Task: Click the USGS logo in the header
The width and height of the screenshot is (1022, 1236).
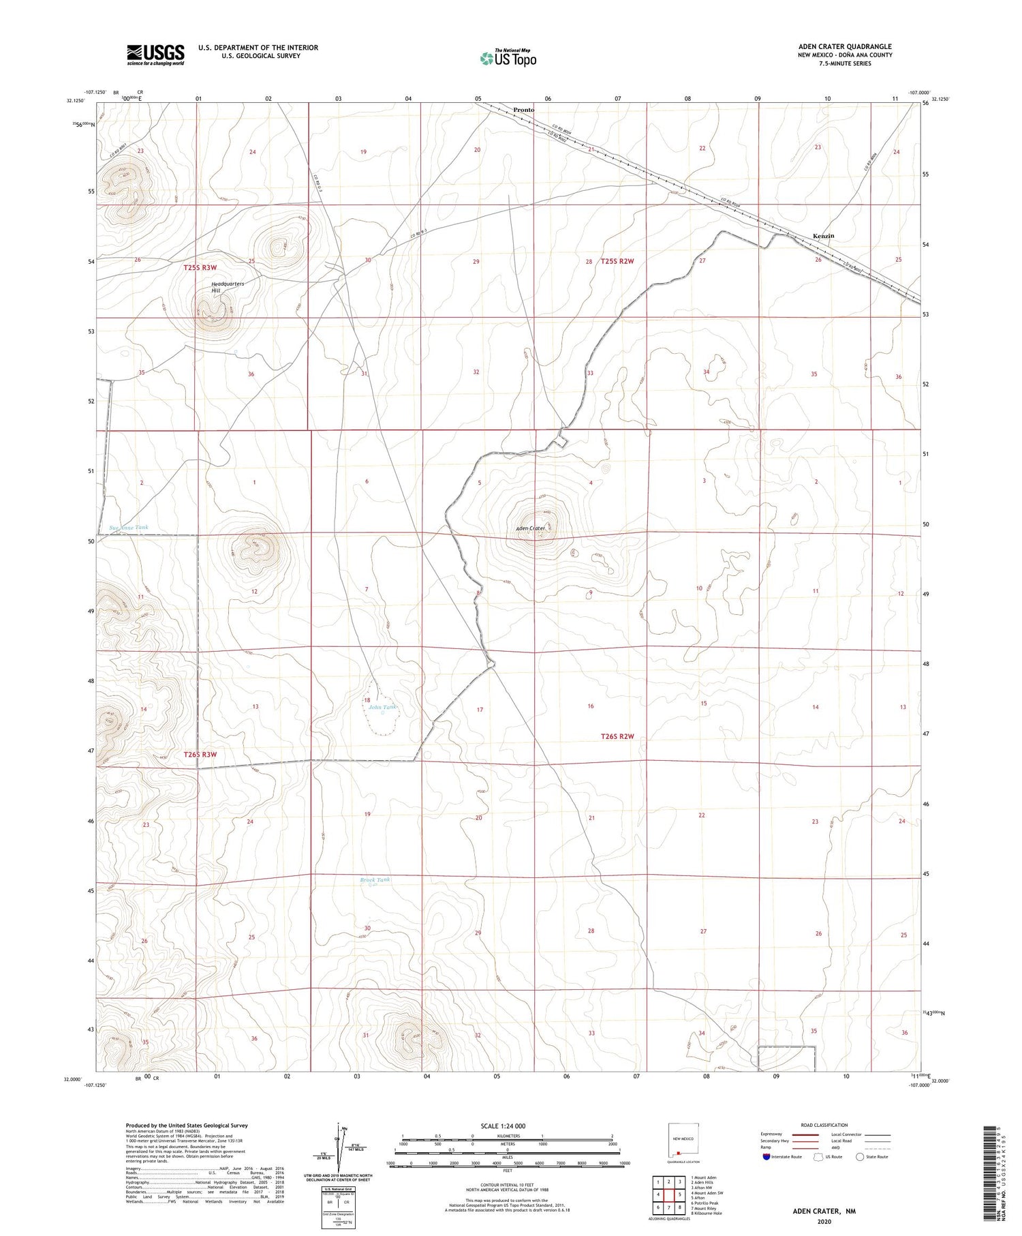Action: [x=155, y=55]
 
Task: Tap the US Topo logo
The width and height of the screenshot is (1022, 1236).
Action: [x=508, y=58]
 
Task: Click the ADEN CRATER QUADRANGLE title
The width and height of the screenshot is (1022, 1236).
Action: [x=845, y=46]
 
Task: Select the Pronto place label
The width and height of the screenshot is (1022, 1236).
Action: [x=524, y=110]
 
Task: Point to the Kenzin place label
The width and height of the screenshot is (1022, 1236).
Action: [x=823, y=236]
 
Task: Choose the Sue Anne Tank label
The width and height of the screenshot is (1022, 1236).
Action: [x=129, y=527]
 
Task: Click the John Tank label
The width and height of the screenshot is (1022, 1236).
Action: [x=382, y=707]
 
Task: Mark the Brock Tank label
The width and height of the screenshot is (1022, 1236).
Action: [x=375, y=879]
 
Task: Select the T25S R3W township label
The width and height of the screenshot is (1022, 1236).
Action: [x=200, y=268]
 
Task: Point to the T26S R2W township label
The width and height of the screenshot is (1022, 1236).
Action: [x=617, y=736]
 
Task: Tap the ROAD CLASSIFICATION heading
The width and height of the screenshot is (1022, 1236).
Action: [x=824, y=1125]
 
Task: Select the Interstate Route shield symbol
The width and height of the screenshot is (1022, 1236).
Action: [x=766, y=1157]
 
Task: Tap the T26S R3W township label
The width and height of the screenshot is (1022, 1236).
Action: [x=200, y=755]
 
